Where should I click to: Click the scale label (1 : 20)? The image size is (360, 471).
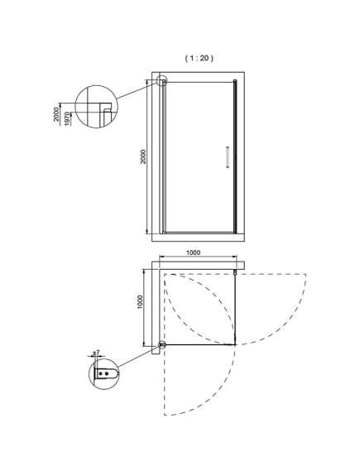point(199,58)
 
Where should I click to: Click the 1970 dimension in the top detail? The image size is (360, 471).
point(68,118)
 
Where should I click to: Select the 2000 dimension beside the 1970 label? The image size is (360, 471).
point(56,114)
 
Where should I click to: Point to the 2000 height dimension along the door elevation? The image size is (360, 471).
point(143,156)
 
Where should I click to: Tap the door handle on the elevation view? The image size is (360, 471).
point(228,156)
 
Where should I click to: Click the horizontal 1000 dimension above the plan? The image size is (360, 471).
point(193,252)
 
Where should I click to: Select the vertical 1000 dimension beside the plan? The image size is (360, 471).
point(140,302)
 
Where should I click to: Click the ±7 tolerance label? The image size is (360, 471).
point(96,353)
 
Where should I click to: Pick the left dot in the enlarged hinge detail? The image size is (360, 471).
point(101,373)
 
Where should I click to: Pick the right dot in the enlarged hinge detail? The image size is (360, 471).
point(106,373)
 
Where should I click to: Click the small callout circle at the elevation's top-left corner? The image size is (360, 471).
point(162,81)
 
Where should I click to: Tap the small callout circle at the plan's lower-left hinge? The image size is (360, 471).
point(162,345)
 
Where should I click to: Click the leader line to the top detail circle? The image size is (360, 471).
point(137,91)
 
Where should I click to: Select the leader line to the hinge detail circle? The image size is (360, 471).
point(139,357)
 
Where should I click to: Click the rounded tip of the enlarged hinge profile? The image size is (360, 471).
point(117,373)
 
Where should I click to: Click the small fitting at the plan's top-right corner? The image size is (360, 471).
point(235,272)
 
